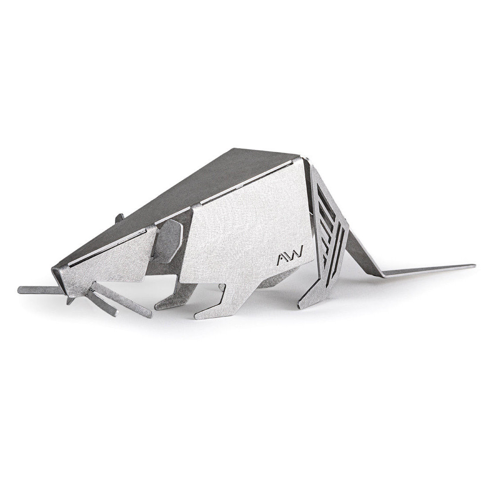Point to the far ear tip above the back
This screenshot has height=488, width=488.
(119, 217)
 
